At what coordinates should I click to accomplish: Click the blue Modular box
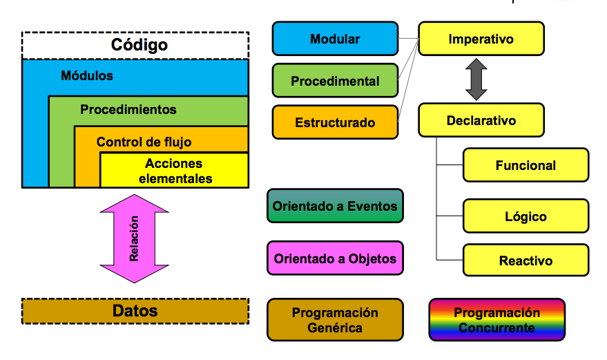click(x=335, y=39)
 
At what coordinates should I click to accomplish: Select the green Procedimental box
click(x=335, y=81)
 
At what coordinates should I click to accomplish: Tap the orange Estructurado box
click(x=335, y=122)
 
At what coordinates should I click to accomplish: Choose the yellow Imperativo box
click(x=481, y=39)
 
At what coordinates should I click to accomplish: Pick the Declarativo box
click(x=481, y=120)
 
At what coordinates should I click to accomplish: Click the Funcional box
click(x=526, y=165)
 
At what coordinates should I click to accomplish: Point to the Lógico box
click(x=526, y=216)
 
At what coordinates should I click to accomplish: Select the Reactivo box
click(x=526, y=260)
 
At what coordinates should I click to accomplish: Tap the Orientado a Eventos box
click(x=335, y=206)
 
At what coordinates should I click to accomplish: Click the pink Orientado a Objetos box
click(x=335, y=258)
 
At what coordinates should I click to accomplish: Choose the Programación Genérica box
click(x=335, y=320)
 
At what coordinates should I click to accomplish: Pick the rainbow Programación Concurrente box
click(x=497, y=320)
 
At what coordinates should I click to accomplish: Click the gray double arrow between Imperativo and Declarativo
click(x=476, y=79)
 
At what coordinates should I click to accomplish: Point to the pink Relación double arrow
click(x=135, y=238)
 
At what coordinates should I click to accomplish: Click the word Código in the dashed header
click(x=139, y=44)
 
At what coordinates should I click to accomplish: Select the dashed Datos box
click(x=135, y=311)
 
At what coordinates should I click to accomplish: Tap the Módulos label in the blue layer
click(x=87, y=75)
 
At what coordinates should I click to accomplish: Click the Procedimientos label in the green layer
click(x=128, y=110)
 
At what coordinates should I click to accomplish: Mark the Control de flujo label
click(x=144, y=142)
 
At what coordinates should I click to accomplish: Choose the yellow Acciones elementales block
click(x=174, y=171)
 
